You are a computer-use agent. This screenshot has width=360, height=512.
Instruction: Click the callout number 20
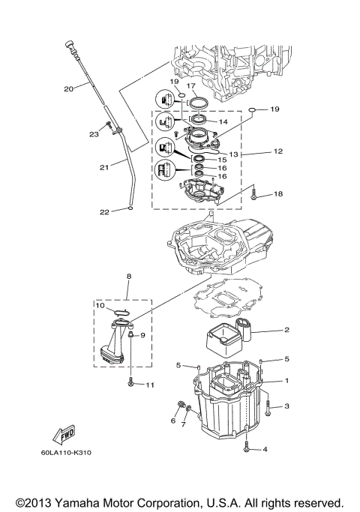click(x=67, y=89)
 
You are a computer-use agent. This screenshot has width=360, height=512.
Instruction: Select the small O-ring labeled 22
click(x=130, y=209)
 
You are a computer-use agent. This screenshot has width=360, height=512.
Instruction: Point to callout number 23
click(x=94, y=134)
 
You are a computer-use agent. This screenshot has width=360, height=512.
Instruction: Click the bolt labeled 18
click(x=256, y=194)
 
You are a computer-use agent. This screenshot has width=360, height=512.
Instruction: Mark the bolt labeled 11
click(x=131, y=383)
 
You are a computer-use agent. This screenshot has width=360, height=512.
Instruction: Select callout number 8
click(x=128, y=277)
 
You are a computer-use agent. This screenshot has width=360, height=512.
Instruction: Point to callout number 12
click(x=277, y=151)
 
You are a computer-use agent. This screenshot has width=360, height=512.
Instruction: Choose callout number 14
click(x=222, y=121)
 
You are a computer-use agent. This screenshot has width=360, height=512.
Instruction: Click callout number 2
click(x=286, y=330)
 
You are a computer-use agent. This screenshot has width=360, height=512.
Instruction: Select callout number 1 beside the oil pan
click(x=286, y=380)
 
